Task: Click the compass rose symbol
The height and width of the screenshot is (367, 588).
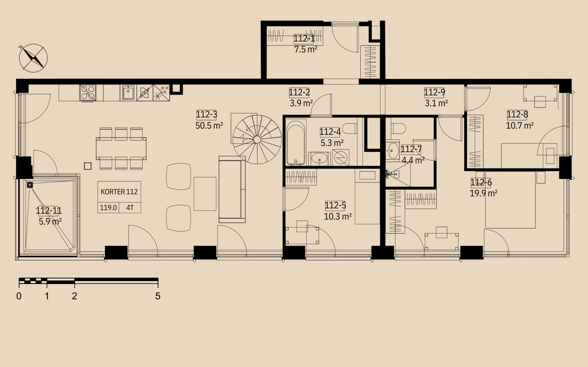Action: pos(33,58)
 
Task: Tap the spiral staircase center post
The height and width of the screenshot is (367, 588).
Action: pos(257,140)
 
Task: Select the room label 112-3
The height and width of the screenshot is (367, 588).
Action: pos(206,114)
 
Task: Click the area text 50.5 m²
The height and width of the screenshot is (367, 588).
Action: pos(209,126)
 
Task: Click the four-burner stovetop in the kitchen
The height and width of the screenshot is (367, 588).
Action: pos(88,92)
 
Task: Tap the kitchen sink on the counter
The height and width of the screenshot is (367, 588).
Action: pos(128,93)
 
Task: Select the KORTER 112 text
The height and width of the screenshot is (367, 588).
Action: pos(119,192)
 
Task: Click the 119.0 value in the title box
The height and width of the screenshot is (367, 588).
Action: pos(108,208)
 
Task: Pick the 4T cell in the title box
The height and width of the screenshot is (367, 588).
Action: pos(130,208)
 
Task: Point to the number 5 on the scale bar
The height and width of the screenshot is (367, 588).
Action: pos(158,296)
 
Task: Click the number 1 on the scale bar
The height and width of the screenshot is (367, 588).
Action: pos(47,296)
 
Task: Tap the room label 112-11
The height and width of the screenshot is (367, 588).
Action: pos(49,211)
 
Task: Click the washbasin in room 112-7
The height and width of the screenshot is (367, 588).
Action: pos(393,151)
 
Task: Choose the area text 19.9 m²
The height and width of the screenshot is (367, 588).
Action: pos(484,193)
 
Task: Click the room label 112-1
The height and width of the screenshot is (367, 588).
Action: pos(304,38)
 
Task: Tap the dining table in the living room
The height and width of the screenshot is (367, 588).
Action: pos(121,149)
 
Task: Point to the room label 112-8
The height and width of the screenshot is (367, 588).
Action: pos(517,114)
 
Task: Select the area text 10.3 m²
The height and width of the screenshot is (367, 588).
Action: pos(338,217)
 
